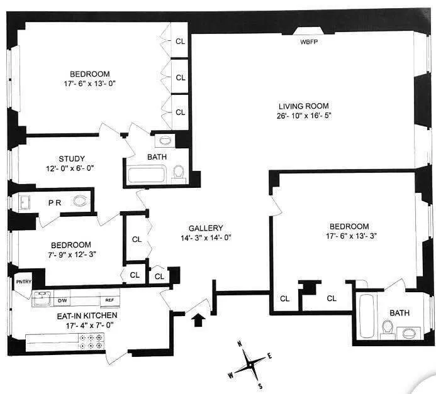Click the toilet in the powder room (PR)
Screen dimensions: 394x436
coord(79,202)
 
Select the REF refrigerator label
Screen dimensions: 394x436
coord(109,300)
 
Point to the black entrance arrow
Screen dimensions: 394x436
coord(198,321)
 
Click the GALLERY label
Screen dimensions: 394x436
coord(206,227)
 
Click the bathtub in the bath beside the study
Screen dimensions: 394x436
coord(147,174)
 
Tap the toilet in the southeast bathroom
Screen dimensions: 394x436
coord(388,328)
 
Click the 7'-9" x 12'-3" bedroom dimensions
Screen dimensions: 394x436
coord(81,254)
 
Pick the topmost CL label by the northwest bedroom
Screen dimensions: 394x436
coord(181,42)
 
